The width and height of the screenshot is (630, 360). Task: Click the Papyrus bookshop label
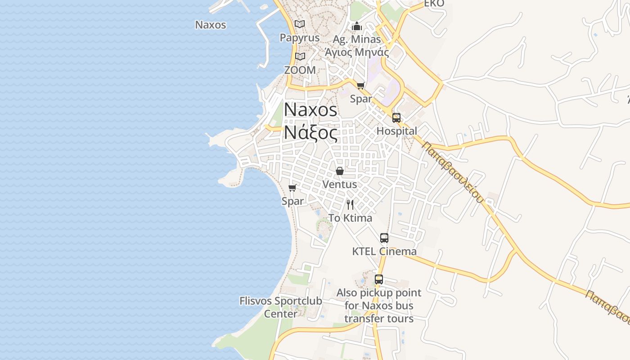click(x=300, y=38)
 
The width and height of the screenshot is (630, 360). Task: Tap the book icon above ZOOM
click(x=300, y=57)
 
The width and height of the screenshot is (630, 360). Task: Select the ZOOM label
click(x=300, y=70)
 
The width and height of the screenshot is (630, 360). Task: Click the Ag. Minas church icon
click(x=357, y=26)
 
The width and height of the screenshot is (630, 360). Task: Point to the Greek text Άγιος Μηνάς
click(x=357, y=52)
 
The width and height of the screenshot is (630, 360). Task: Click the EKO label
click(x=434, y=4)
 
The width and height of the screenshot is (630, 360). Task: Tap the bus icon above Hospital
click(x=396, y=118)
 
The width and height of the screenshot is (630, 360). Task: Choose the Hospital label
click(x=396, y=131)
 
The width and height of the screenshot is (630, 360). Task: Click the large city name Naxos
click(x=310, y=110)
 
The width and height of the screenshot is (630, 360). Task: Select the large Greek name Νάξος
click(x=310, y=132)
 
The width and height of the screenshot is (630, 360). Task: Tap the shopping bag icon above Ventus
click(x=340, y=171)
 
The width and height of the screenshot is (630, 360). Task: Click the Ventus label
click(x=340, y=184)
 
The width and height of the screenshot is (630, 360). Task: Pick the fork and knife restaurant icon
click(x=350, y=205)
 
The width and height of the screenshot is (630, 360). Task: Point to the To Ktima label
click(x=350, y=218)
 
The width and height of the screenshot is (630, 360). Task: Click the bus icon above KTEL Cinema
click(x=384, y=238)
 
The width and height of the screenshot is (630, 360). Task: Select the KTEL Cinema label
click(x=384, y=252)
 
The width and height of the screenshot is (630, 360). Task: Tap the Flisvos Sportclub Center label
click(x=281, y=307)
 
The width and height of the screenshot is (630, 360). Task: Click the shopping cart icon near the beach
click(x=292, y=188)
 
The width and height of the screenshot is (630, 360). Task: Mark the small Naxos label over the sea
click(x=211, y=25)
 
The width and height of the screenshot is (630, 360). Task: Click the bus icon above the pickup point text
click(x=379, y=279)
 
